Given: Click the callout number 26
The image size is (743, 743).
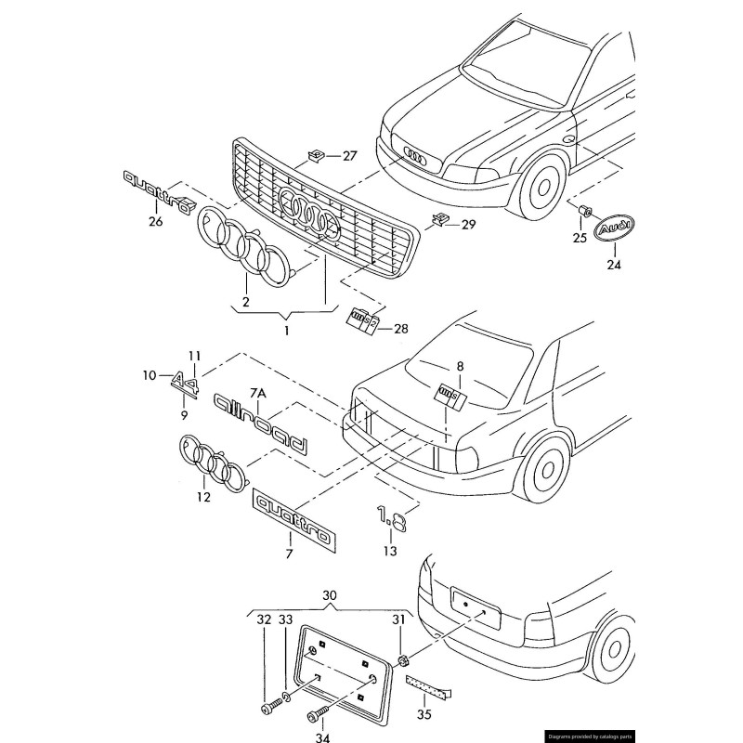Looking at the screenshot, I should coord(155,222).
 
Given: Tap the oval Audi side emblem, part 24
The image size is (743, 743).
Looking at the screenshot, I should coord(614,228).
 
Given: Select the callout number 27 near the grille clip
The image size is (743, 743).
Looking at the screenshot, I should coord(349,156).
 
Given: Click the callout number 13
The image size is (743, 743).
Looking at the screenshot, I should coord(389,552).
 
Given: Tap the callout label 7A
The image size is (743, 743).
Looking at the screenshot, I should coord(255,395).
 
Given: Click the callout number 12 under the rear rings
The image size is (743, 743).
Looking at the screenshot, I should coord(203,497).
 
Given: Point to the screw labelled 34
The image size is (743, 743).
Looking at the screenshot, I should coord(319,717).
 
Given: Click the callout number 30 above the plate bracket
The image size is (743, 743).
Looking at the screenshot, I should coord(330,595).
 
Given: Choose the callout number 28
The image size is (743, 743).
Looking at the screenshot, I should coord(400,328).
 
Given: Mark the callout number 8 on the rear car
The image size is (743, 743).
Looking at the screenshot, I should coord(458,367).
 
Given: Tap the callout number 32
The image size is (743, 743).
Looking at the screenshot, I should coord(264,619).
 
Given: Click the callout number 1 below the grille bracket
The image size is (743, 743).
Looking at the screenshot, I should coord(287,331).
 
